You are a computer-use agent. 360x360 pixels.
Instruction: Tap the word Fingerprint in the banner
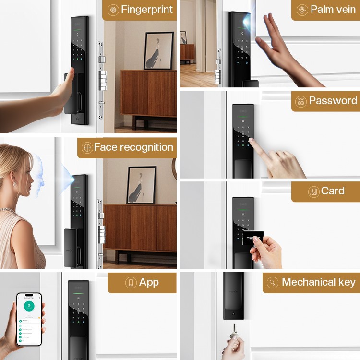point(147,10)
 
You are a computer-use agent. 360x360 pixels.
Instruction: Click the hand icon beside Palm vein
point(302,10)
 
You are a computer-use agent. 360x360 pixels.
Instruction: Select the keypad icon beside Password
point(300,101)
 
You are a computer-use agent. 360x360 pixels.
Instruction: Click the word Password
point(333,101)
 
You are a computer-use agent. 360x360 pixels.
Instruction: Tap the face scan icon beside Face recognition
point(87,148)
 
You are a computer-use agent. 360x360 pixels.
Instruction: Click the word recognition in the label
point(144,147)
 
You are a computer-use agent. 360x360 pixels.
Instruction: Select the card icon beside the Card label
point(313,192)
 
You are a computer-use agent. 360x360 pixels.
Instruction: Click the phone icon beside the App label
point(131,283)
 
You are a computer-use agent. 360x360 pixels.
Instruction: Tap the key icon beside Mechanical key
point(273,283)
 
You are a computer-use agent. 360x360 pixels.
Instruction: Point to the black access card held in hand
point(253,238)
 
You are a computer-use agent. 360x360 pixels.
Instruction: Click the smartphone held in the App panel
point(29,319)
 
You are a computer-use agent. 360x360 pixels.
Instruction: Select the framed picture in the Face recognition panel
point(141,185)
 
